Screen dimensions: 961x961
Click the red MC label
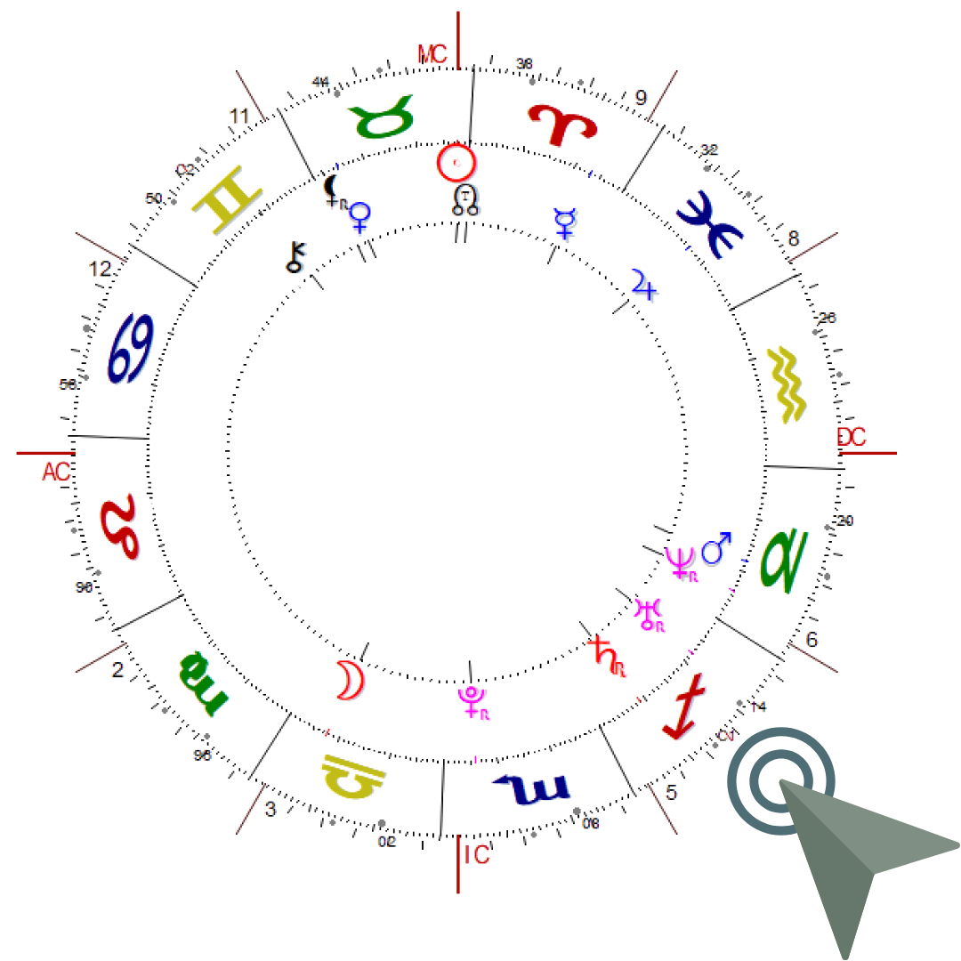[x=432, y=53]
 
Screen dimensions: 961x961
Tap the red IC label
[x=478, y=855]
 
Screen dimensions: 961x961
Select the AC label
[x=55, y=472]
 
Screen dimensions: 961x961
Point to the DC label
[x=851, y=437]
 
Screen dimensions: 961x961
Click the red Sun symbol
[x=456, y=162]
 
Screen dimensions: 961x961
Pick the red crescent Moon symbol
[x=351, y=681]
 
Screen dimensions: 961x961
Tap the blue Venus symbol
[x=359, y=217]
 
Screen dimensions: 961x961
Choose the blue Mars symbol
[x=716, y=549]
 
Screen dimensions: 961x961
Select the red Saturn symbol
[x=608, y=656]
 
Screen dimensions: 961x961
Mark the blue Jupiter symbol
[x=645, y=284]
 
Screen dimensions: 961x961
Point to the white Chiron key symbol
[x=295, y=256]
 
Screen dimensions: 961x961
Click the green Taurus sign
[x=382, y=122]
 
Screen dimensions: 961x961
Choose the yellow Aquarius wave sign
[x=787, y=384]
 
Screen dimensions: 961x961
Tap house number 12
[x=101, y=268]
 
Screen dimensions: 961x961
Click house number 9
[x=640, y=97]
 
